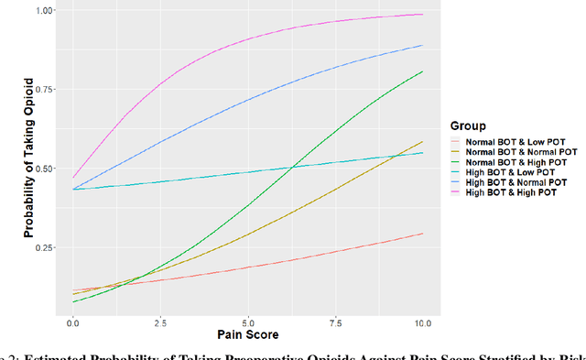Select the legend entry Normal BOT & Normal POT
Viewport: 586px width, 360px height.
coord(519,151)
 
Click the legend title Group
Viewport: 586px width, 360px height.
coord(467,126)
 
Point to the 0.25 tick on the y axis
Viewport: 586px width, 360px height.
coord(43,247)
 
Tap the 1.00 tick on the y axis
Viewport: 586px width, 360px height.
coord(43,10)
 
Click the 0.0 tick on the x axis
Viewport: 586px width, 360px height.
coord(72,323)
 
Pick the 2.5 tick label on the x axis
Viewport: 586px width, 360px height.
coord(160,323)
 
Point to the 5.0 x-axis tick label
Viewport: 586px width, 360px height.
coord(247,323)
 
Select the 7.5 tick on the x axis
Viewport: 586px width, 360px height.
coord(335,323)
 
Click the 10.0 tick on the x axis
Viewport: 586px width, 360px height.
coord(422,323)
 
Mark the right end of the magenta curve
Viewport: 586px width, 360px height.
coord(423,14)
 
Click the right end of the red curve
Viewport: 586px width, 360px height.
coord(423,233)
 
